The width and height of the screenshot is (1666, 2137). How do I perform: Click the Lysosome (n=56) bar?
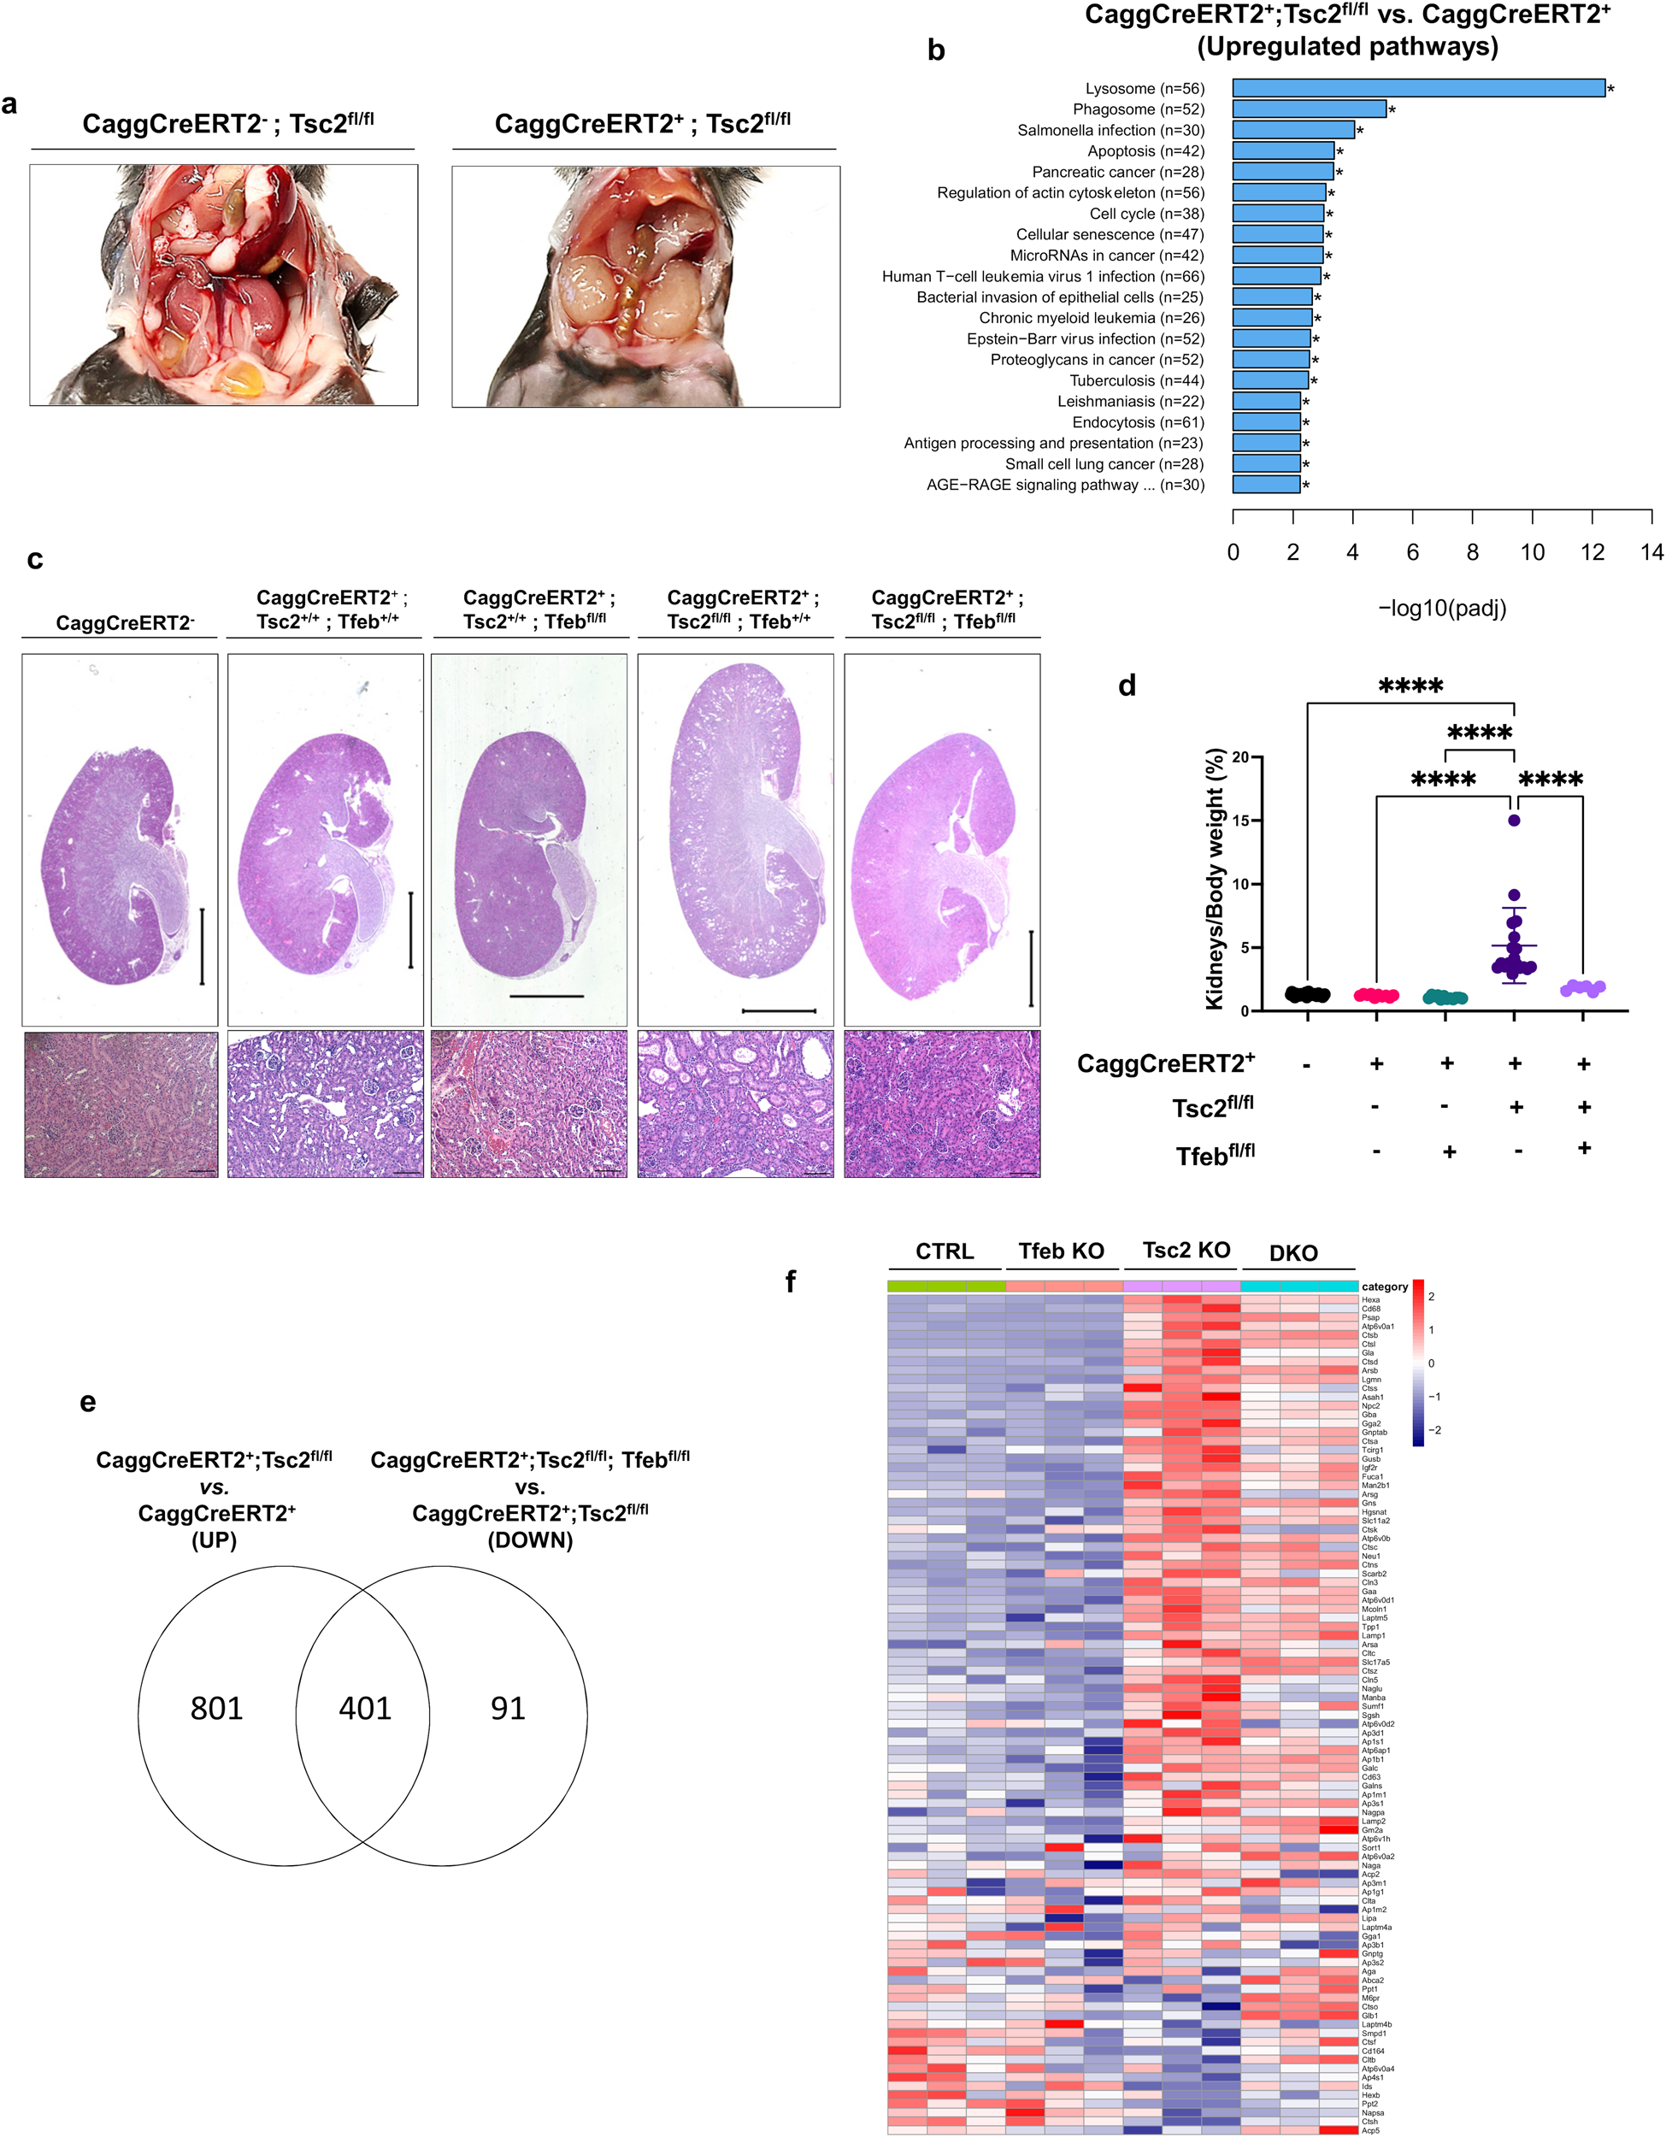point(1417,88)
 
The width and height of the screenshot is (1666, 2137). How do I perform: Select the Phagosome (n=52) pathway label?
point(1138,109)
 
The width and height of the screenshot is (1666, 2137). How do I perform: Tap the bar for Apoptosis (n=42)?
point(1282,150)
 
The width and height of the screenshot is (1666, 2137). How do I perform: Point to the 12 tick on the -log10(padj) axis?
point(1592,553)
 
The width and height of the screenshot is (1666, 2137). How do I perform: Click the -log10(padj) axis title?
point(1442,609)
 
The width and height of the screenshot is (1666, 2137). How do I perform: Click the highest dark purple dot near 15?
point(1513,820)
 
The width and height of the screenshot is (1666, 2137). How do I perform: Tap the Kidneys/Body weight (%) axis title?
point(1214,879)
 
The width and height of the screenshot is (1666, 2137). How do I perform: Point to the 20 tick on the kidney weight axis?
point(1240,757)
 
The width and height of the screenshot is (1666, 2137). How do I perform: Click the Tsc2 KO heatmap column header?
point(1186,1251)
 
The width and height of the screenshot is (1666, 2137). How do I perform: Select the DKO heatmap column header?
point(1292,1253)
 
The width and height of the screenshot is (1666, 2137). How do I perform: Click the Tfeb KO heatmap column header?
point(1061,1251)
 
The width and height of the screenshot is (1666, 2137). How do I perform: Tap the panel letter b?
point(935,51)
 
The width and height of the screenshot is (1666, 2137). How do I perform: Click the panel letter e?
point(88,1402)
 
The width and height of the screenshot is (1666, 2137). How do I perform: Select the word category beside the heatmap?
point(1384,1286)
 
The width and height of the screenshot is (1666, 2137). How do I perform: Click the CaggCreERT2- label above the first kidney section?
point(124,623)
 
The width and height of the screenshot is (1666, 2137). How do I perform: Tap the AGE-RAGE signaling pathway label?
point(1065,486)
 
